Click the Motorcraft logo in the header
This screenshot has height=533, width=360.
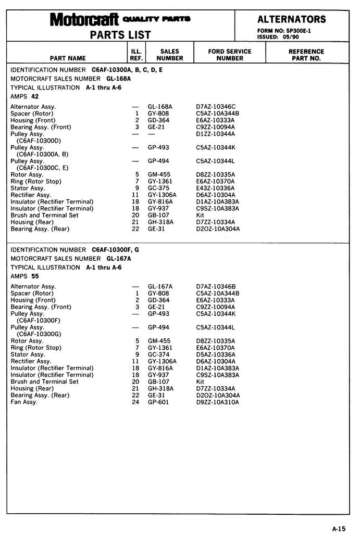(84, 20)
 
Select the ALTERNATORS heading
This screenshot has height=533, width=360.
(292, 19)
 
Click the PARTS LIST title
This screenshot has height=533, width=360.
(120, 35)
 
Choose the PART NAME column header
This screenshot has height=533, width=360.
(68, 58)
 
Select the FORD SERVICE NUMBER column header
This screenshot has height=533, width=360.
(229, 55)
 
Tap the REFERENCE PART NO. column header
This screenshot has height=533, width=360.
(306, 55)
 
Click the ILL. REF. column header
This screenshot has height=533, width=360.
(136, 55)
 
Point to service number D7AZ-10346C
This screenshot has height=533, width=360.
(216, 107)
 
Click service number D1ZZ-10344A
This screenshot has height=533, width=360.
(215, 134)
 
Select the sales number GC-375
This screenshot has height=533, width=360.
(159, 188)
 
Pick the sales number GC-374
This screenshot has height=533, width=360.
(159, 354)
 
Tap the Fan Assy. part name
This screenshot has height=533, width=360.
(24, 402)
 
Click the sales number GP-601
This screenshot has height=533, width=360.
(158, 402)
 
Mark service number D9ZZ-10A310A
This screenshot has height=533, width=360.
(217, 402)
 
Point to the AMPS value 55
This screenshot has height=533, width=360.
(35, 276)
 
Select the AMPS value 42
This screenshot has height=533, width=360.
(35, 97)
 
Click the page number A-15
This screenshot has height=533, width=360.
(339, 528)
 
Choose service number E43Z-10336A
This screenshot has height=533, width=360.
(215, 188)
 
